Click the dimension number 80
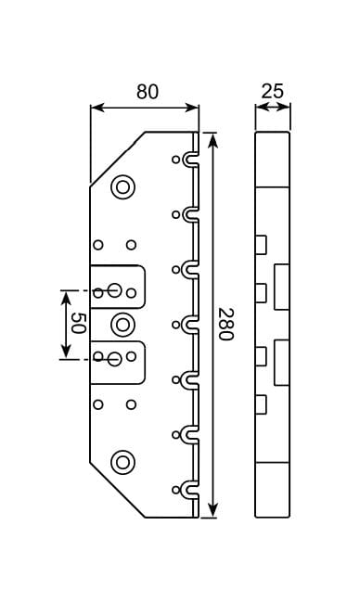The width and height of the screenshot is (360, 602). [147, 92]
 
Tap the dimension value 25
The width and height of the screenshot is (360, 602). [272, 91]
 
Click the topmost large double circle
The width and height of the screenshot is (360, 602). [122, 187]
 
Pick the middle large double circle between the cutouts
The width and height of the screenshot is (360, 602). [122, 325]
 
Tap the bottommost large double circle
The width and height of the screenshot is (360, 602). [122, 461]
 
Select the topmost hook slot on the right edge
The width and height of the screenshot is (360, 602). [189, 160]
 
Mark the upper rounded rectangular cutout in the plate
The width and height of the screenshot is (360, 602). [119, 286]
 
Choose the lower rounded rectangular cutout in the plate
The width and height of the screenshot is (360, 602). [119, 363]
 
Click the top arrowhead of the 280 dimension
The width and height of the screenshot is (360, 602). [213, 139]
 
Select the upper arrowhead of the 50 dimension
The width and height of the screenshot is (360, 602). [65, 296]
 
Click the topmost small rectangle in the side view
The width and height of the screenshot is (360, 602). [261, 244]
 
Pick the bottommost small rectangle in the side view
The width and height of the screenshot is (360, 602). [261, 403]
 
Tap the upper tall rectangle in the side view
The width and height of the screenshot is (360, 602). [282, 287]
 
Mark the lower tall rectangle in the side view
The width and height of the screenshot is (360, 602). [282, 362]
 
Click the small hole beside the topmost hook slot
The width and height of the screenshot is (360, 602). [175, 160]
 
